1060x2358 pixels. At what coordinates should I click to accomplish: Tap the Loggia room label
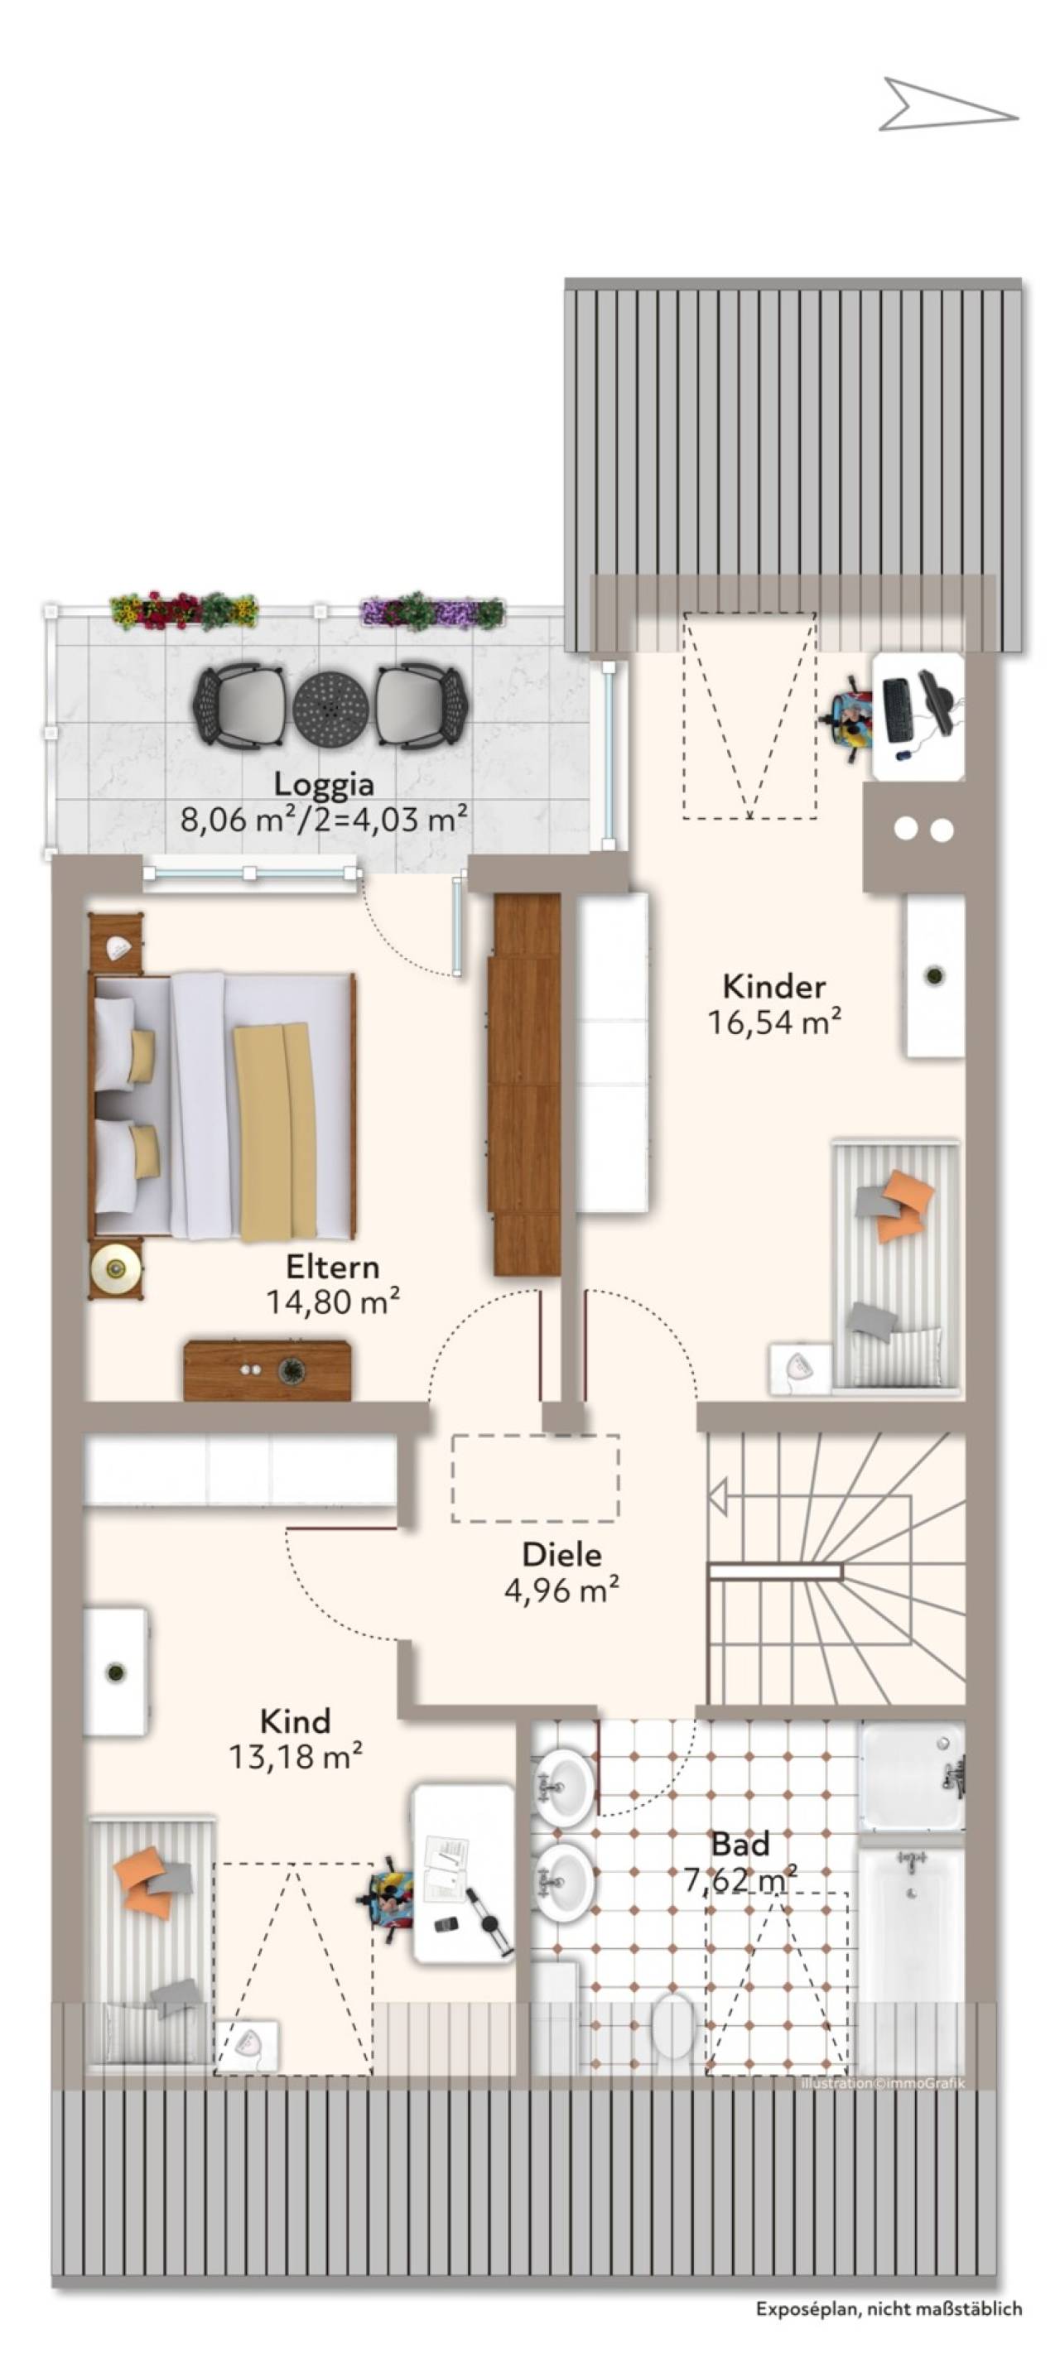point(324,784)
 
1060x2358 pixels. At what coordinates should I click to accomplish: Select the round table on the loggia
point(330,709)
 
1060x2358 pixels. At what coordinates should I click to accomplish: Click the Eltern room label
point(332,1267)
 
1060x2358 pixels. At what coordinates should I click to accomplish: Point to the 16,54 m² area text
point(773,1022)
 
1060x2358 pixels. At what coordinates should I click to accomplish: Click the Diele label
point(562,1554)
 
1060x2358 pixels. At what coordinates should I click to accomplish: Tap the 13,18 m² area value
point(296,1757)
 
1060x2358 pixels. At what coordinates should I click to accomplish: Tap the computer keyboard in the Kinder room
point(897,710)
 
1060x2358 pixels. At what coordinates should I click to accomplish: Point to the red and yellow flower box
point(183,610)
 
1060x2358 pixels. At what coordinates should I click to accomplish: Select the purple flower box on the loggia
point(432,609)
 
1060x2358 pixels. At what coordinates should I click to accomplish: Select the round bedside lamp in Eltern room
point(115,1268)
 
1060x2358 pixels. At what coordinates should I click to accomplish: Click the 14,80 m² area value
point(332,1301)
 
